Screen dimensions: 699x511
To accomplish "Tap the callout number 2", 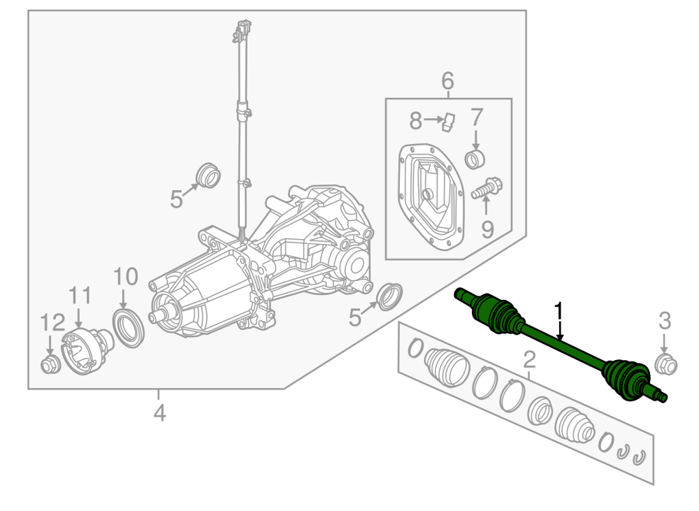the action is point(529,359).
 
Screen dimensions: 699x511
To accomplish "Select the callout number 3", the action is point(665,321).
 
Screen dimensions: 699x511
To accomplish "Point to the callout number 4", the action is point(159,412).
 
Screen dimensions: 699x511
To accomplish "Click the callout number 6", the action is point(447,80).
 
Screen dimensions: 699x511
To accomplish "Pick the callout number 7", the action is point(477,117).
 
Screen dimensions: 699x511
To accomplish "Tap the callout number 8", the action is point(415,120).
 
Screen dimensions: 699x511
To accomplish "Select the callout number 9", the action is point(487,229).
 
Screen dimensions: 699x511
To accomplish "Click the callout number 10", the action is point(126,276).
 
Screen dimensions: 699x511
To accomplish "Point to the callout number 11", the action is point(80,295).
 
